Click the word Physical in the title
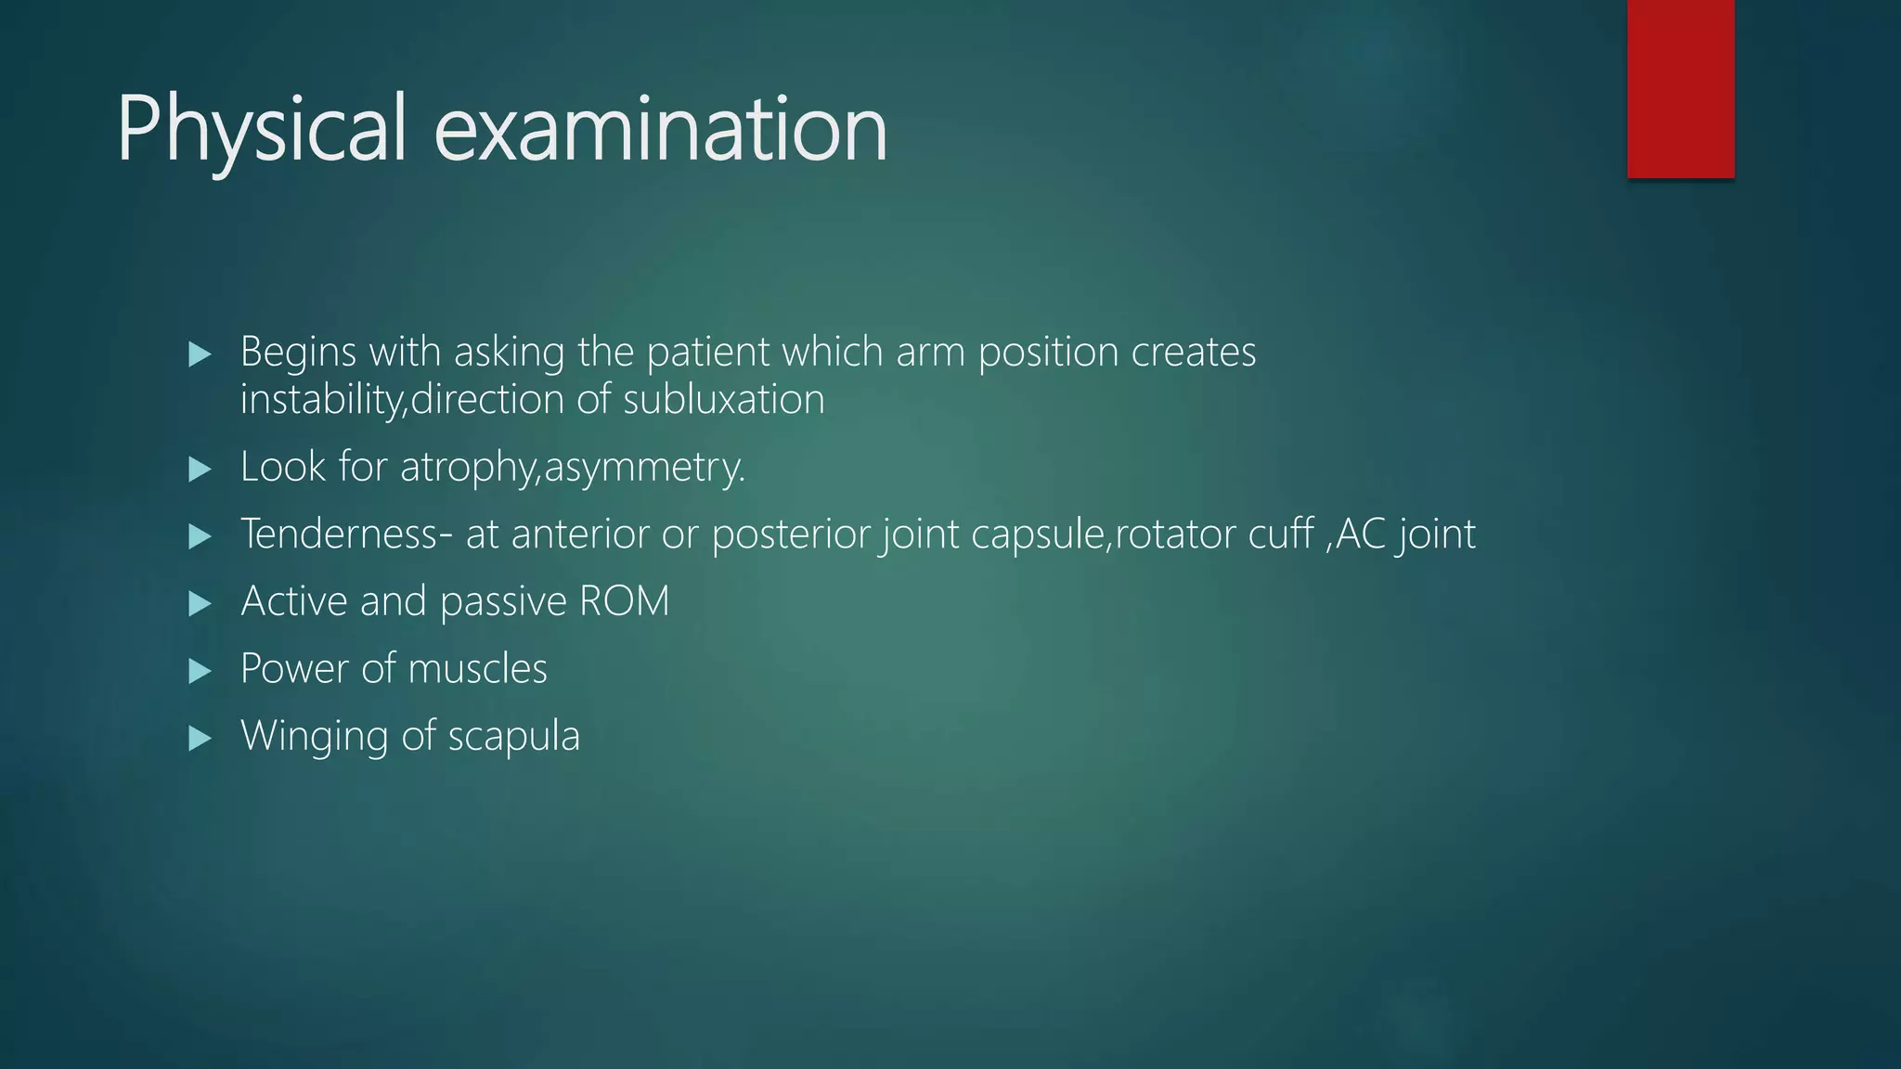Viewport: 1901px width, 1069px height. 261,130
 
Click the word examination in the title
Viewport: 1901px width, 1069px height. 660,130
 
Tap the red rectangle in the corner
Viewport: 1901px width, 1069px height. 1680,88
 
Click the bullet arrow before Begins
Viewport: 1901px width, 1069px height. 200,354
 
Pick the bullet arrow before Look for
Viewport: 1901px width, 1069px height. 200,470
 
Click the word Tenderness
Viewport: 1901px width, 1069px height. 340,534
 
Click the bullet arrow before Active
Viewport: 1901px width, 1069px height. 200,605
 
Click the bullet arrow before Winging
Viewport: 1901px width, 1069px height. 200,739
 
